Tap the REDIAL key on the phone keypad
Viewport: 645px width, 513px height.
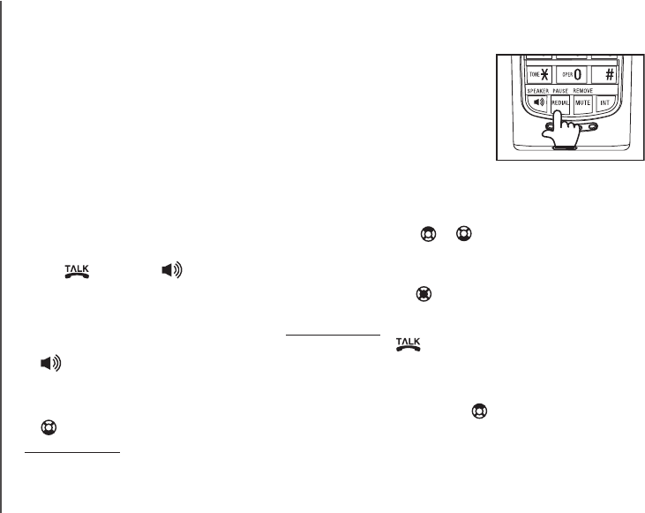coord(559,103)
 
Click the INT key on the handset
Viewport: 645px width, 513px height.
coord(605,103)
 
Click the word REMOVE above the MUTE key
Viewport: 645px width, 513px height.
coord(583,90)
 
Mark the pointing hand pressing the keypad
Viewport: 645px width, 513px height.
coord(563,129)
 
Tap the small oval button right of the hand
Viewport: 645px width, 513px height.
coord(592,126)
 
